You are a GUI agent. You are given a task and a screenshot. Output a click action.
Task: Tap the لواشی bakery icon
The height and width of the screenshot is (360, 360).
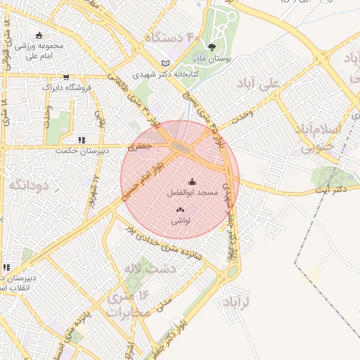pos(179,210)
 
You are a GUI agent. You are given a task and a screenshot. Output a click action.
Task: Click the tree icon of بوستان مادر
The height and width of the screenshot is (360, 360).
pos(212,48)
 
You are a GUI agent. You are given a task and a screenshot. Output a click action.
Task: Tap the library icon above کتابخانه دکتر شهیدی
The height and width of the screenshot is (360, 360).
pos(165,62)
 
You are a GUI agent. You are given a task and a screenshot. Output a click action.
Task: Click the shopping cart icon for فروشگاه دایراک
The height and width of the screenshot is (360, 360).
pos(65,77)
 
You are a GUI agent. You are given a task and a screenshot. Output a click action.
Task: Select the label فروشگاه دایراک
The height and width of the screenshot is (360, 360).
pos(66,88)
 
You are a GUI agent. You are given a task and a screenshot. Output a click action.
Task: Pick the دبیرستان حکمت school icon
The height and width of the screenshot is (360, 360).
pos(82,140)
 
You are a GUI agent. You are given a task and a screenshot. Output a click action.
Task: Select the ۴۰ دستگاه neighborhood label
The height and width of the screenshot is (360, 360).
pos(173,35)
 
